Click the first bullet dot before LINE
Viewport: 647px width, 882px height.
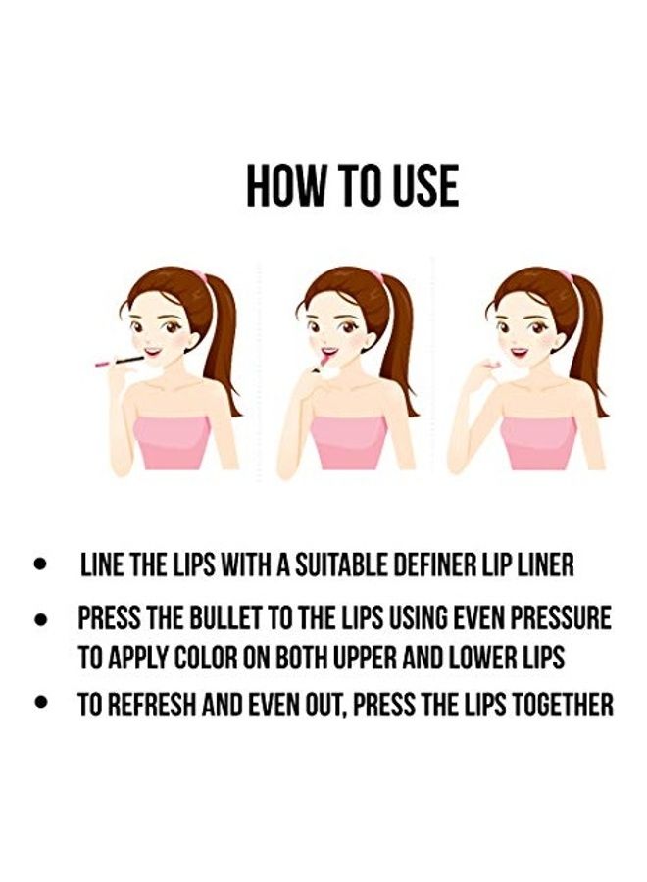[x=39, y=563]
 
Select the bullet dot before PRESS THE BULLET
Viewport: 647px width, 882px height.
[x=39, y=620]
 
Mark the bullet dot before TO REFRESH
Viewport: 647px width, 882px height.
[x=39, y=703]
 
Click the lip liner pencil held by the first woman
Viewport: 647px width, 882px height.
[x=120, y=361]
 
